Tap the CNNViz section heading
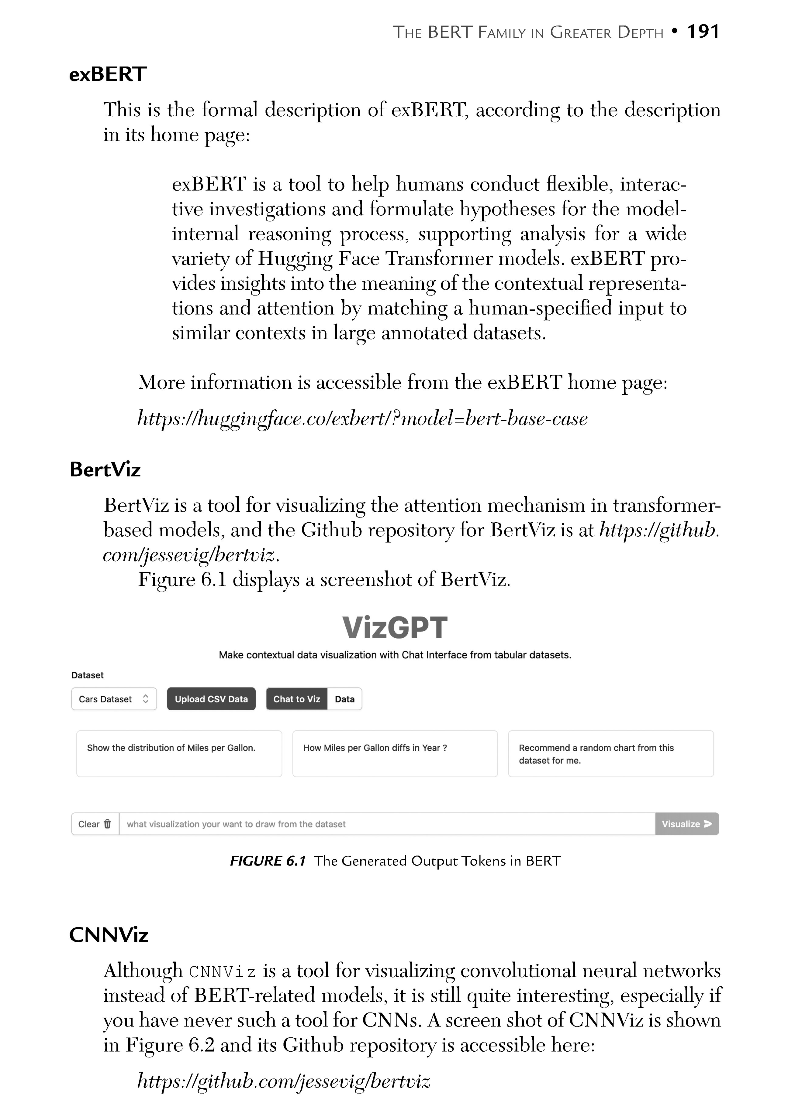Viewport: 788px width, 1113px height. (x=109, y=935)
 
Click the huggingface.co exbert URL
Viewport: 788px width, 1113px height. (x=362, y=418)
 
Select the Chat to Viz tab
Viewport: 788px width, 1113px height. (x=296, y=699)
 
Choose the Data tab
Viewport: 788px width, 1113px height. (x=344, y=699)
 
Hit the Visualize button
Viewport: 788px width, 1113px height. (x=686, y=824)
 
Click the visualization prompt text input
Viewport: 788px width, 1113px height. (x=387, y=824)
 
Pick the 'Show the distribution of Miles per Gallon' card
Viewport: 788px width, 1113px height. (x=179, y=754)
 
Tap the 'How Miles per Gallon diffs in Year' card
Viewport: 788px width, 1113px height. (x=395, y=754)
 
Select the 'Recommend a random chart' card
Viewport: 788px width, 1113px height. (x=611, y=754)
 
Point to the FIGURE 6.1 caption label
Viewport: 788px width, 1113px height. (x=268, y=862)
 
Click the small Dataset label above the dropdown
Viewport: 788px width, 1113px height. (x=87, y=675)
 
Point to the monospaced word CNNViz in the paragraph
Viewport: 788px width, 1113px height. (x=222, y=972)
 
